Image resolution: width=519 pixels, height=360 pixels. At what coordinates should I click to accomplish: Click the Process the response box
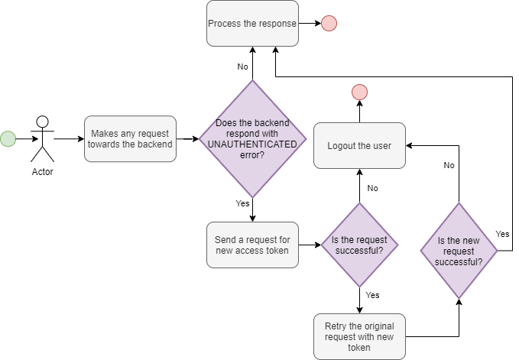pos(252,23)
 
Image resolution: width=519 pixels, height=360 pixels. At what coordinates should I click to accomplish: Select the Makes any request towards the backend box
pos(130,138)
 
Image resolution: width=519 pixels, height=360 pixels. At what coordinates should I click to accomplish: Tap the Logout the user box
pos(359,145)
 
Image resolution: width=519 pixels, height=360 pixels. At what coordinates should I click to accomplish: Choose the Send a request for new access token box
pos(252,245)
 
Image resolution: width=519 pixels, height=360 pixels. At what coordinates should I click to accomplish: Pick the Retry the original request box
pos(359,336)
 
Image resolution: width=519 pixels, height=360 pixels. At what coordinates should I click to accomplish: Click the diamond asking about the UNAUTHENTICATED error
pos(253,138)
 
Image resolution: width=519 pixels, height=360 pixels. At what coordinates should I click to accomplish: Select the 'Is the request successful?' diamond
pos(358,245)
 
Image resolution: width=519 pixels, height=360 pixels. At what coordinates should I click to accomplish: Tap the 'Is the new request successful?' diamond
pos(459,251)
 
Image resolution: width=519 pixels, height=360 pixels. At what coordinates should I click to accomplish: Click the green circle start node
pos(8,138)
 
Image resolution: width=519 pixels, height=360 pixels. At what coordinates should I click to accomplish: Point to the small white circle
pos(43,122)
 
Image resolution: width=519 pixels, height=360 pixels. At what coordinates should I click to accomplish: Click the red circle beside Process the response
pos(329,23)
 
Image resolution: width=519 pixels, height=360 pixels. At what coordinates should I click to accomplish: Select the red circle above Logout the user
pos(359,92)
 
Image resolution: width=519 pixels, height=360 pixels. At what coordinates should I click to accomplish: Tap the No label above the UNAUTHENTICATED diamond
pos(242,67)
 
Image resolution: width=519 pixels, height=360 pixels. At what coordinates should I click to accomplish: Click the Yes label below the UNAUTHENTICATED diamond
pos(242,204)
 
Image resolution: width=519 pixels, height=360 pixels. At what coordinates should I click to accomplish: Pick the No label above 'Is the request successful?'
pos(372,188)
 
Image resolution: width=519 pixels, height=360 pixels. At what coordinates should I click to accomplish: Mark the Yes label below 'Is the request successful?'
pos(372,295)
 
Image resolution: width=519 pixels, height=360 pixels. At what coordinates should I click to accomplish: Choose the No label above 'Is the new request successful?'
pos(449,165)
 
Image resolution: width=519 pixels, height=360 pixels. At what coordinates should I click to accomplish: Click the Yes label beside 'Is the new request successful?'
pos(502,234)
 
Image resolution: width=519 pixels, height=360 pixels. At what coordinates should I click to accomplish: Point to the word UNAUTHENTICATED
pos(252,144)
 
